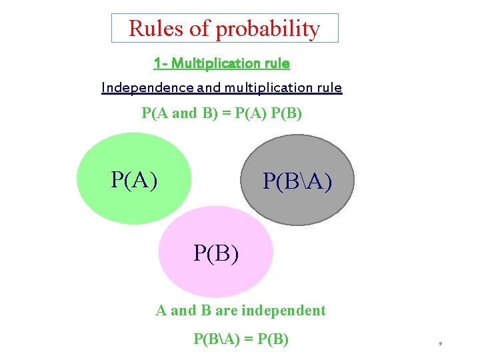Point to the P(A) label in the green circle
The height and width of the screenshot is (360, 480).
coord(135,179)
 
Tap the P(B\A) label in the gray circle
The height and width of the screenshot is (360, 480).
coord(297,181)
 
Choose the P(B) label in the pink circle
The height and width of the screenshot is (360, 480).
coord(216,253)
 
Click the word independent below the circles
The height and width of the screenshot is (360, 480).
coord(283,311)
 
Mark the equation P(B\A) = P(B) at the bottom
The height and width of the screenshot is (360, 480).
coord(241,339)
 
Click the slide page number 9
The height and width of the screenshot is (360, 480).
coord(440,343)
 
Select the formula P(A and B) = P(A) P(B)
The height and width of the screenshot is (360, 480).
coord(222,113)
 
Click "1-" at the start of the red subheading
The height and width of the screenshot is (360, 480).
coord(160,63)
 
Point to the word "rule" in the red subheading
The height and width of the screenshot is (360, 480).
coord(277,63)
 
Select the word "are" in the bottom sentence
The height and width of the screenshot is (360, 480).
coord(227,311)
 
